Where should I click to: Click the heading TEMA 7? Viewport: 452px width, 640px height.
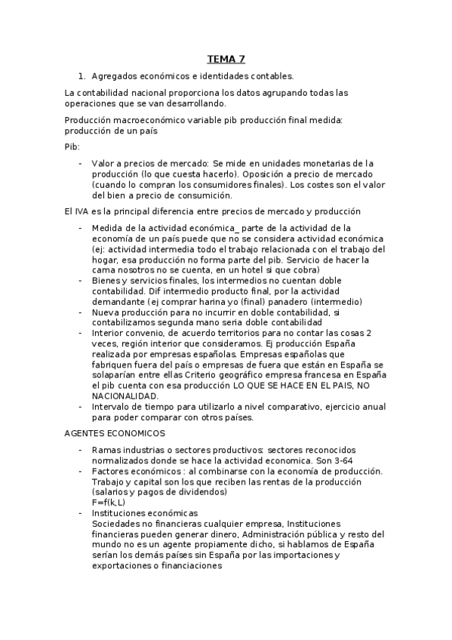pyautogui.click(x=226, y=59)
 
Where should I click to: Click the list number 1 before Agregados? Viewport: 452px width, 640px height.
pyautogui.click(x=80, y=76)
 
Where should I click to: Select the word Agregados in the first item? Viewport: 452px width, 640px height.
pyautogui.click(x=115, y=76)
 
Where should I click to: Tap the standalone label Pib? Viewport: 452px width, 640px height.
pyautogui.click(x=73, y=146)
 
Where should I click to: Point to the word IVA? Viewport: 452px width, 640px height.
pyautogui.click(x=85, y=211)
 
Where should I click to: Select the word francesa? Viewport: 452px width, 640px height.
pyautogui.click(x=296, y=375)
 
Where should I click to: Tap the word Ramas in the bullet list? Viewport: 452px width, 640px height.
pyautogui.click(x=106, y=450)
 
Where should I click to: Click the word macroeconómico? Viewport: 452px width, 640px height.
pyautogui.click(x=155, y=120)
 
